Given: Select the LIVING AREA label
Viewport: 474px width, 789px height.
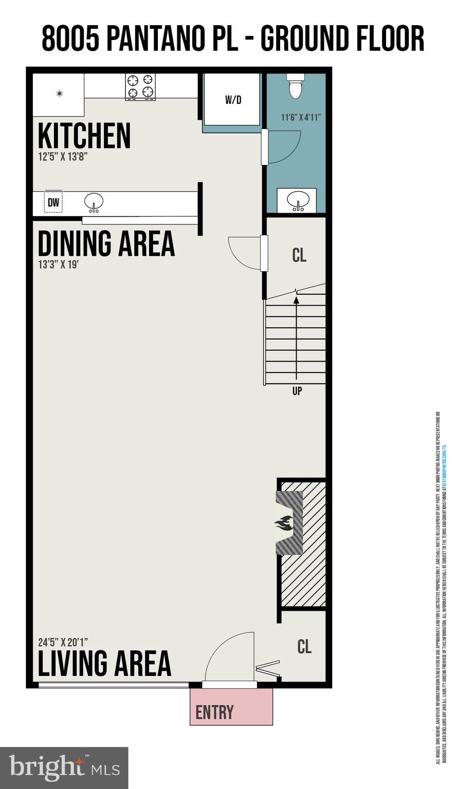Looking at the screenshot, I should coord(104,663).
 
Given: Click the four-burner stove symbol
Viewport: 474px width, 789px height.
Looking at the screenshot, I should coord(140,86).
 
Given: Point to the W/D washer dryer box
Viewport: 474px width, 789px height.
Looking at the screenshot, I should coord(233,100).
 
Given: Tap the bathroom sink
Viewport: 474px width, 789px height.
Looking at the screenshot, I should coord(297,200).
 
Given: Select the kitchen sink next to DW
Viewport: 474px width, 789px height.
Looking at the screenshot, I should coord(94,202).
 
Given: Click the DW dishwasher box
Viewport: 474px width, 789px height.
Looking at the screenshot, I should coord(53,203).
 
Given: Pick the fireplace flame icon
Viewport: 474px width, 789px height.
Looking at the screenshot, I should coord(284,523).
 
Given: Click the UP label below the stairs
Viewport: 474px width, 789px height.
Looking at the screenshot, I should coord(297,391).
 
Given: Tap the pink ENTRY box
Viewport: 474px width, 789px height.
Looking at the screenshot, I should coord(231,707).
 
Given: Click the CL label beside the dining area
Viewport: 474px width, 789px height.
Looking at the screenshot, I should coord(299,255).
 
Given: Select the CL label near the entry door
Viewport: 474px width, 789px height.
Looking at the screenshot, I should coord(304,646).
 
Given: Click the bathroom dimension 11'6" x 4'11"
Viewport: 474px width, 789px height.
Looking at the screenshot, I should coord(301,117).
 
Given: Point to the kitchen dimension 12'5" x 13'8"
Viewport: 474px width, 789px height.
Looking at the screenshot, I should coord(63,157).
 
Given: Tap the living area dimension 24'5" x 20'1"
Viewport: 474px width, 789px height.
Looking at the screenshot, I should coord(63,642).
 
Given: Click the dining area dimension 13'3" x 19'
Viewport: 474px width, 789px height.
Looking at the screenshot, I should coord(58,265).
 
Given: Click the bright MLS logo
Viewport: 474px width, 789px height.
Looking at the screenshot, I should coord(64,767).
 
